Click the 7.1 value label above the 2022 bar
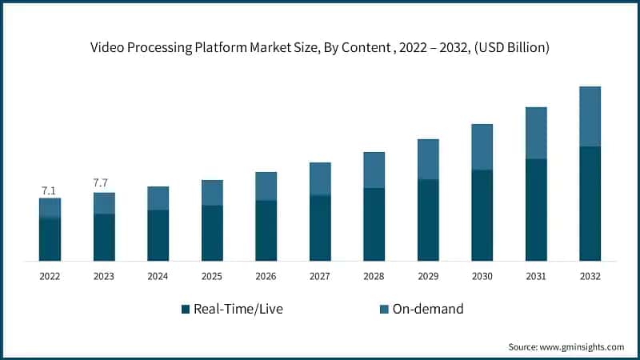(x=50, y=190)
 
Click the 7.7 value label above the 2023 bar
(x=101, y=183)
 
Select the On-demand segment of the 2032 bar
(x=590, y=116)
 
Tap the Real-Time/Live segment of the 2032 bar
(x=590, y=203)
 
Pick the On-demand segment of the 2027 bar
(x=320, y=178)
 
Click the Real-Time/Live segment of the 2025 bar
(x=212, y=233)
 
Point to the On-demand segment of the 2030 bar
(x=482, y=147)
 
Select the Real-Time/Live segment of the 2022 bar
(x=50, y=239)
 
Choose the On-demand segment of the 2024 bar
(x=158, y=198)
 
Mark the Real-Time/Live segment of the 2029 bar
(x=428, y=220)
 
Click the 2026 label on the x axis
(x=266, y=276)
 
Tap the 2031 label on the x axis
(x=536, y=276)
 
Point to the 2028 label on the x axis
(x=374, y=276)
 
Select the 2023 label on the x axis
(x=104, y=276)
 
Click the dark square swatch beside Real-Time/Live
(x=186, y=309)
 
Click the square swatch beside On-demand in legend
(x=383, y=309)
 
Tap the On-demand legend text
(x=427, y=309)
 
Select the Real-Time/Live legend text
(x=238, y=309)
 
